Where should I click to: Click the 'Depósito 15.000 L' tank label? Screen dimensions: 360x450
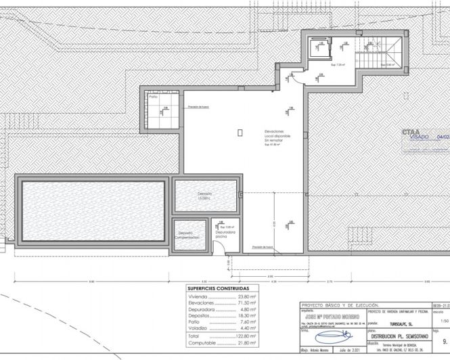point(206,195)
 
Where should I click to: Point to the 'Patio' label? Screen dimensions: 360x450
point(154,97)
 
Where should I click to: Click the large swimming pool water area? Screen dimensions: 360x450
point(93,210)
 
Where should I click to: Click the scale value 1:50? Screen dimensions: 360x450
point(443,322)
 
